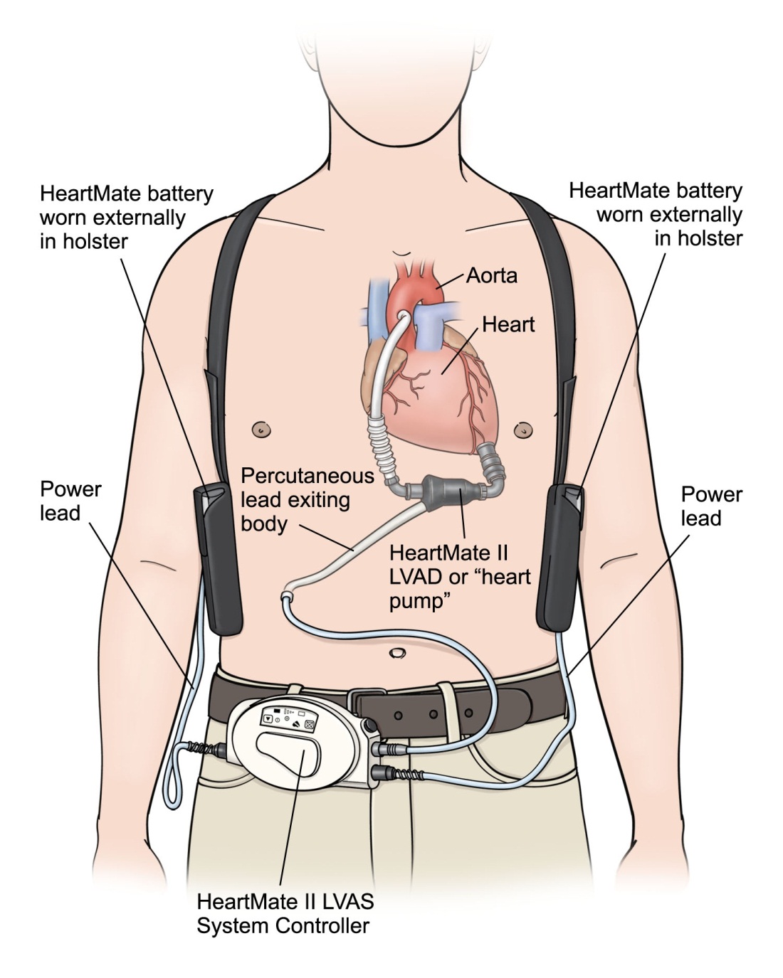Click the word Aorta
tap(491, 275)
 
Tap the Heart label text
tap(508, 324)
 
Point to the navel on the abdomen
tap(396, 652)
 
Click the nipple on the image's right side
tap(523, 430)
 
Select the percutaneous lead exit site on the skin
tap(288, 593)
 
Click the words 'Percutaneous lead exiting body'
tap(306, 499)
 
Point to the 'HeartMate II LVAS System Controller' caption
tap(285, 913)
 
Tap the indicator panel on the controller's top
tap(288, 717)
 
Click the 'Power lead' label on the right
tap(710, 506)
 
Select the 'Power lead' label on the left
tap(70, 501)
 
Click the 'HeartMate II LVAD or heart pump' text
tap(459, 576)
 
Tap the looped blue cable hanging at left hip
tap(173, 790)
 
